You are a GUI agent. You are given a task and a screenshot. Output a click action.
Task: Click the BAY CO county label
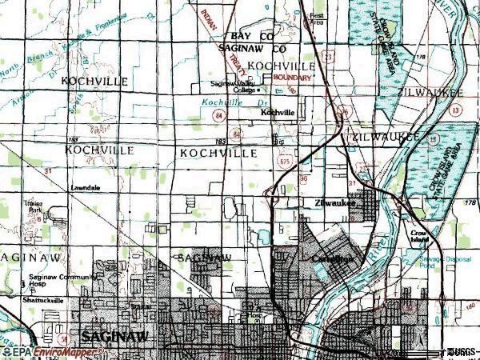click(252, 37)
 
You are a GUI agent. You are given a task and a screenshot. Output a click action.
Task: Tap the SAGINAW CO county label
click(252, 48)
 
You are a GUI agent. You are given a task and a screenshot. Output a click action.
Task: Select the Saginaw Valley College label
click(232, 86)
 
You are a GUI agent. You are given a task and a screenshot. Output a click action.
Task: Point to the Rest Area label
click(318, 18)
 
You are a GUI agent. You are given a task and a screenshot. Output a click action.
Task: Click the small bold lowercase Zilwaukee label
click(334, 202)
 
